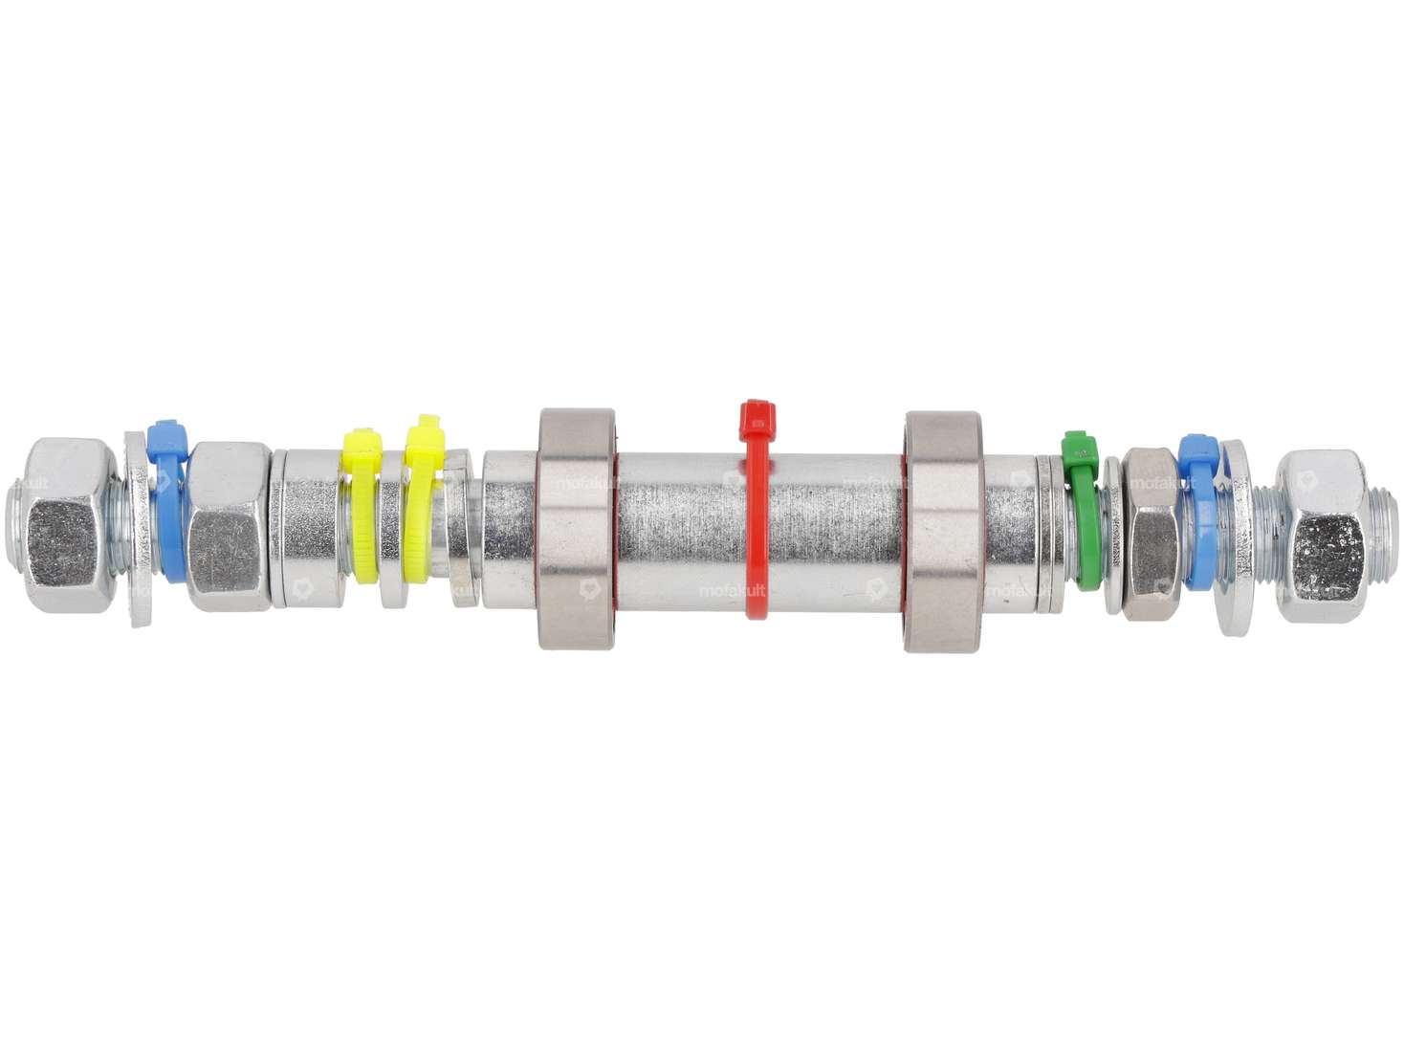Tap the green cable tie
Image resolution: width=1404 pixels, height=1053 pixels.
click(x=1080, y=516)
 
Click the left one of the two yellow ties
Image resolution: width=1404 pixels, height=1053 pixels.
click(x=362, y=507)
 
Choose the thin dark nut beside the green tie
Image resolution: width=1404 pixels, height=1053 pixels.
click(x=1147, y=533)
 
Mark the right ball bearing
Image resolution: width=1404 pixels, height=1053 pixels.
click(x=943, y=532)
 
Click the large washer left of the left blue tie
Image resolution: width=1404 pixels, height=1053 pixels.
click(x=137, y=531)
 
